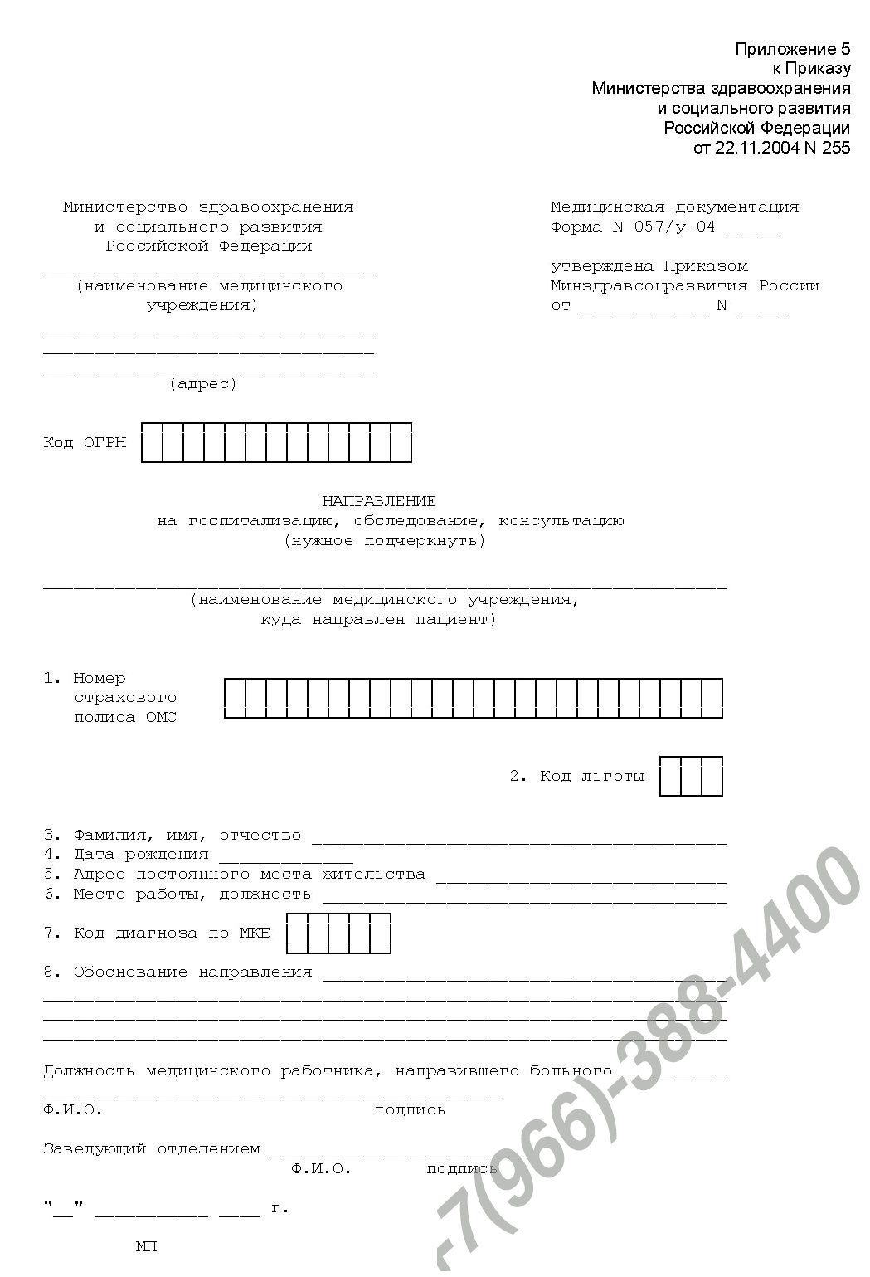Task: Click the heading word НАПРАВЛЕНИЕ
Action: coord(379,501)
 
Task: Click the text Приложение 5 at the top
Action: coord(793,50)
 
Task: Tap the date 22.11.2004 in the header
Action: coord(753,149)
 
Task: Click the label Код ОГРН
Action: coord(85,443)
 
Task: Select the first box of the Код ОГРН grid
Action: coord(152,443)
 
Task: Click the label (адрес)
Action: coord(203,383)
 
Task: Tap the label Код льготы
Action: coord(591,777)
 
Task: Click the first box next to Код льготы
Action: coord(670,777)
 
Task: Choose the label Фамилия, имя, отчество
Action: coord(187,835)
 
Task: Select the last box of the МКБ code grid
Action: coord(380,933)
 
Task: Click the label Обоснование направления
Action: coord(192,972)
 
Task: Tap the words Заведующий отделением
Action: coord(152,1149)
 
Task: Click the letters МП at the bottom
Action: coord(146,1246)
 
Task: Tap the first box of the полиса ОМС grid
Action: coord(235,698)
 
